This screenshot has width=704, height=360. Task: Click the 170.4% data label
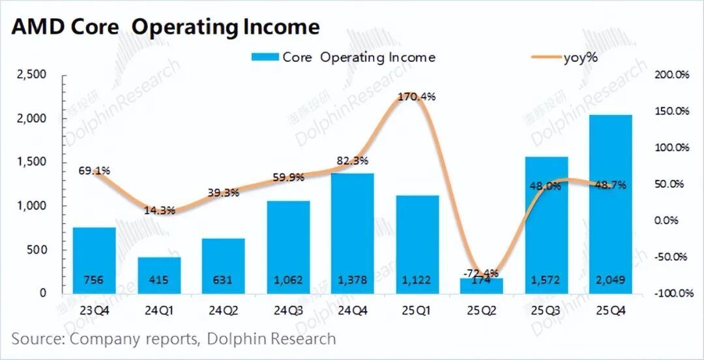pyautogui.click(x=417, y=97)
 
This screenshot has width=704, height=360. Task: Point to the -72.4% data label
pyautogui.click(x=480, y=272)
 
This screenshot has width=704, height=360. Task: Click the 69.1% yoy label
pyautogui.click(x=94, y=170)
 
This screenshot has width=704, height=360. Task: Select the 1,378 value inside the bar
pyautogui.click(x=353, y=280)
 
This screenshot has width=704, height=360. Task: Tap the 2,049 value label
pyautogui.click(x=611, y=280)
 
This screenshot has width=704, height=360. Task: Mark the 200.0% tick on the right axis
pyautogui.click(x=672, y=75)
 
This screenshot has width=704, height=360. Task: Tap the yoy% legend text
pyautogui.click(x=580, y=57)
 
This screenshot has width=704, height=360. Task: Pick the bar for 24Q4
pyautogui.click(x=353, y=228)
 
